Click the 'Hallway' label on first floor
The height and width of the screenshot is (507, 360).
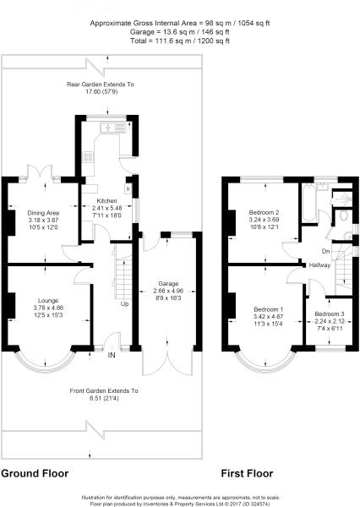[319, 265]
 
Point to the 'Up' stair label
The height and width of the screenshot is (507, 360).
[125, 303]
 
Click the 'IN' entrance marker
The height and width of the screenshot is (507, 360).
[111, 356]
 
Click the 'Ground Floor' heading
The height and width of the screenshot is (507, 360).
[35, 474]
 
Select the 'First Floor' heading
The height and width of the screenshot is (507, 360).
[245, 474]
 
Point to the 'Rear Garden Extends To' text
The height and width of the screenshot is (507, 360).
[101, 85]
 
